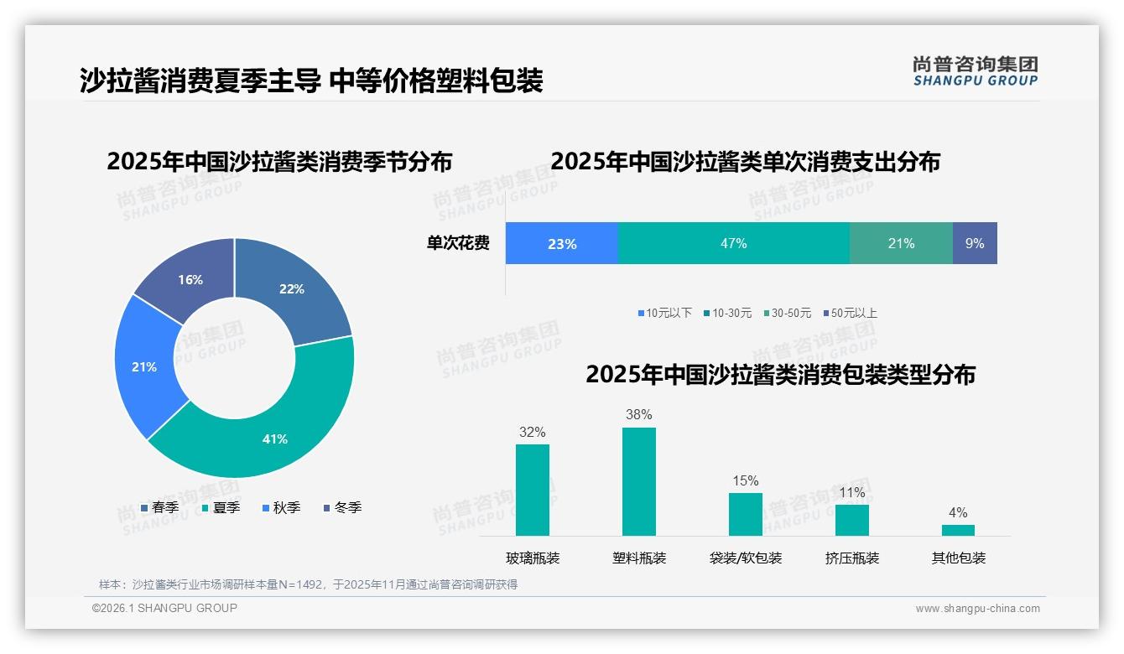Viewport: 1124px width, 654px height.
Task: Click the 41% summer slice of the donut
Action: point(268,436)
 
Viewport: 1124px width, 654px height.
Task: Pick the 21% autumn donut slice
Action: point(143,366)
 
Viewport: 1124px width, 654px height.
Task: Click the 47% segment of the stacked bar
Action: point(733,243)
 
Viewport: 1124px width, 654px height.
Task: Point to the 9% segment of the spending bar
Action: point(975,243)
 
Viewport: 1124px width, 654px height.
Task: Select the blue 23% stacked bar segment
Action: point(561,243)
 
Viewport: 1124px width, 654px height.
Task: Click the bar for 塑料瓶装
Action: point(639,481)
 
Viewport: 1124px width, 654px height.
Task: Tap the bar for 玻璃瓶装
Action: point(533,490)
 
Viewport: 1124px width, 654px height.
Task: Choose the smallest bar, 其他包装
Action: point(958,530)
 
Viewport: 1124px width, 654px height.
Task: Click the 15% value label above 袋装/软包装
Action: point(745,480)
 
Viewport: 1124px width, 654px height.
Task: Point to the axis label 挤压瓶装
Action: point(852,558)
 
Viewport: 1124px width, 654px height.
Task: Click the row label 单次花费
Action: point(458,243)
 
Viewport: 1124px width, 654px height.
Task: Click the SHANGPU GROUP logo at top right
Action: point(975,70)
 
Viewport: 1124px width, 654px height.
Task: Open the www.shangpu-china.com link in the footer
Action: point(977,609)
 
